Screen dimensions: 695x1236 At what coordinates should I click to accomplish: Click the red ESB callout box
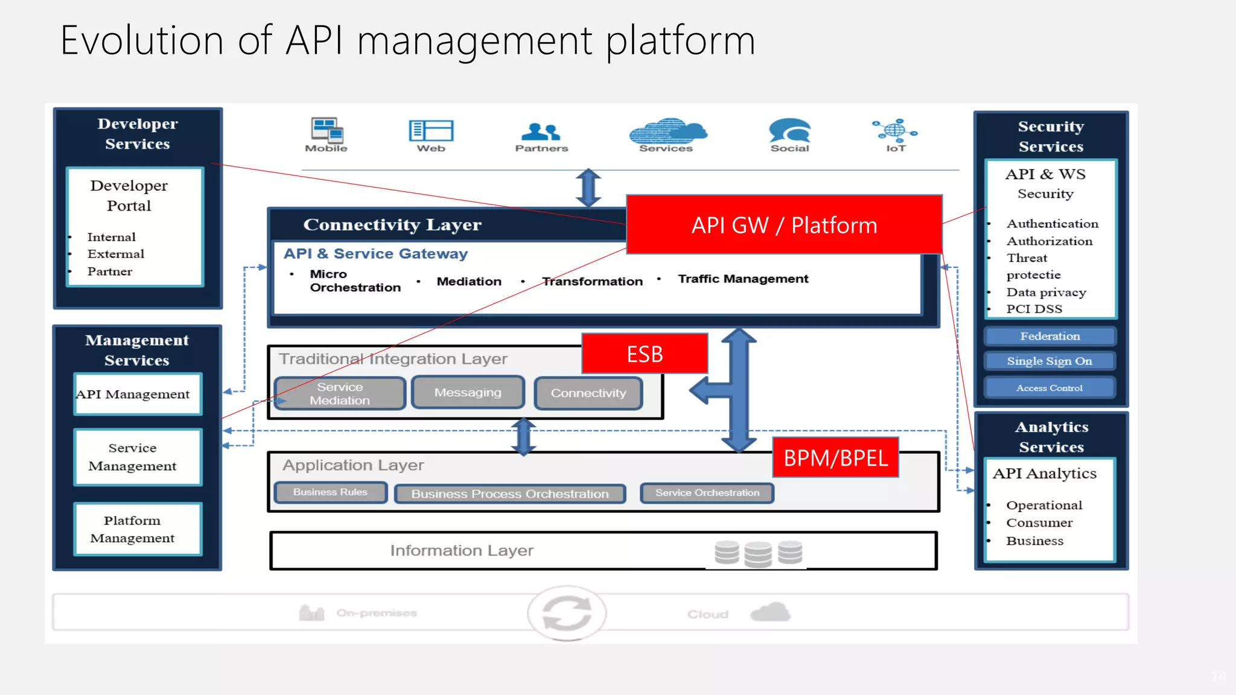tap(645, 354)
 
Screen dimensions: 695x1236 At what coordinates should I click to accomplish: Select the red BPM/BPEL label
tap(835, 458)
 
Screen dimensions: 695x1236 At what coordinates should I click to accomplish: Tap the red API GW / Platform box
tap(784, 224)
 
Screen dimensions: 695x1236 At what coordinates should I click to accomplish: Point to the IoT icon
tap(895, 130)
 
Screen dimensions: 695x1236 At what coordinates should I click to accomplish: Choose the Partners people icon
tap(541, 131)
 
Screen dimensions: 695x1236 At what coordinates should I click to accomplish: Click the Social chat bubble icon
tap(789, 130)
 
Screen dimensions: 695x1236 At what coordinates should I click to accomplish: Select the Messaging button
tap(468, 393)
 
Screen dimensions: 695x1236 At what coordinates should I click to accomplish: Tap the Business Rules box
tap(330, 492)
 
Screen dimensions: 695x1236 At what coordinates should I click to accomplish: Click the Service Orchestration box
tap(707, 493)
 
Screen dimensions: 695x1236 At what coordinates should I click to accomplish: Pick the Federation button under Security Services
tap(1050, 336)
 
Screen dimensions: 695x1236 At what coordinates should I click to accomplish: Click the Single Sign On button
tap(1050, 361)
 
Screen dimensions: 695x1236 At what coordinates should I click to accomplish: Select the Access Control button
tap(1050, 388)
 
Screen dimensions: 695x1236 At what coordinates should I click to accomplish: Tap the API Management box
tap(138, 394)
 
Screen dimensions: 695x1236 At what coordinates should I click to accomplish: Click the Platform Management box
tap(138, 529)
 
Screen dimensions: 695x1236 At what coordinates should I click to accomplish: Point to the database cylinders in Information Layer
tap(758, 553)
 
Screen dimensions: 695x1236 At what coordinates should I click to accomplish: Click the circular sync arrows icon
tap(567, 613)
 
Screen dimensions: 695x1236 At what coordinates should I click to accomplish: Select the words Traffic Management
tap(743, 279)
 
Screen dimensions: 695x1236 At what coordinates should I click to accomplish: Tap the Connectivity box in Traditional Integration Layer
tap(588, 393)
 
